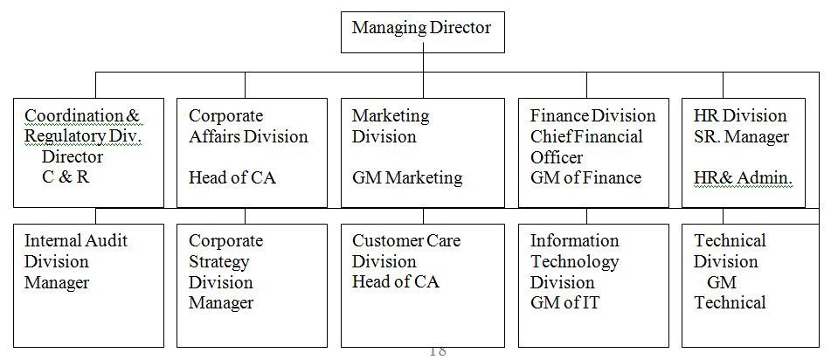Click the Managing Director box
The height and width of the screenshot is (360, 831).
point(422,28)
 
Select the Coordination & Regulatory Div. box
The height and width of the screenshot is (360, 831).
point(89,152)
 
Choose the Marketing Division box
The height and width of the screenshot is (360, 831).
point(422,152)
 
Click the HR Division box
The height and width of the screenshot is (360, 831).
point(743,152)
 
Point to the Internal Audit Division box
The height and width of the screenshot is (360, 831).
point(89,286)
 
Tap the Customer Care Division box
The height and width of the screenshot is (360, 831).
point(422,286)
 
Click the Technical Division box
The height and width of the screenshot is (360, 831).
point(743,286)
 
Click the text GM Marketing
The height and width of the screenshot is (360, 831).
point(407,178)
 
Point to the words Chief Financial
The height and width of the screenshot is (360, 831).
point(586,137)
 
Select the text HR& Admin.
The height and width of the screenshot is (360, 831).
point(743,178)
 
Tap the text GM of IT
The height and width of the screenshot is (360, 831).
point(564,303)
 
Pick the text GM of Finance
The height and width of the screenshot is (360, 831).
point(585,178)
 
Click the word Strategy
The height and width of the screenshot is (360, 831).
point(218,262)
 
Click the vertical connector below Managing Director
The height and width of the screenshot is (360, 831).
point(423,61)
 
